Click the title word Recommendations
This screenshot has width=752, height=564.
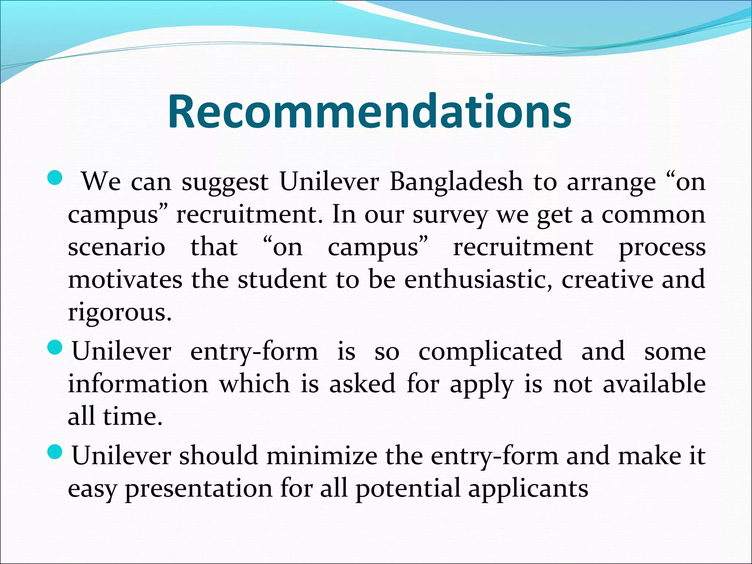click(x=369, y=112)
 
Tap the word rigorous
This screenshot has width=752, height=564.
click(x=120, y=313)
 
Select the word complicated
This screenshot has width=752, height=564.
click(x=490, y=351)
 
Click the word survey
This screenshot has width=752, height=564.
click(x=450, y=215)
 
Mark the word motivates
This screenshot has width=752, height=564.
click(x=125, y=280)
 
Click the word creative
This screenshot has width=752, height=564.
click(x=607, y=280)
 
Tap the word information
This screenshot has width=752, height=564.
click(x=138, y=384)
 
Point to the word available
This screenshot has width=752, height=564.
click(x=654, y=384)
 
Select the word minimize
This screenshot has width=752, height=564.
click(x=322, y=456)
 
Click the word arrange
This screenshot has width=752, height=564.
click(x=611, y=182)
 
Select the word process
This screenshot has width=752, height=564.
click(x=662, y=248)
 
